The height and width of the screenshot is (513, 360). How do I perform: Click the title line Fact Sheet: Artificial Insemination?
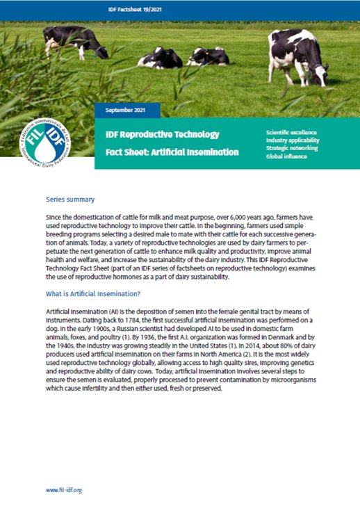tap(172, 152)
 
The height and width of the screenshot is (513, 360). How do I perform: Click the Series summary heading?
tap(67, 199)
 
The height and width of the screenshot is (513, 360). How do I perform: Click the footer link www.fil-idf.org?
tap(64, 490)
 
